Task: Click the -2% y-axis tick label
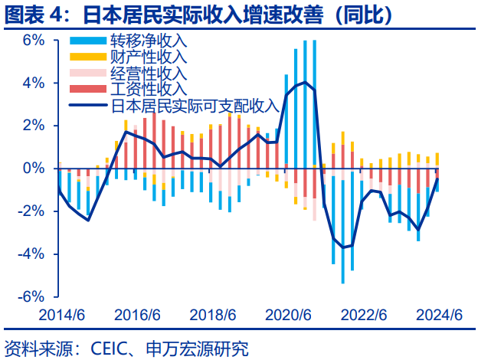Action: click(x=31, y=211)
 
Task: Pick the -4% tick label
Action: click(x=31, y=254)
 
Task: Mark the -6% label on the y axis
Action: click(x=31, y=296)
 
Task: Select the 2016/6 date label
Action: click(x=139, y=316)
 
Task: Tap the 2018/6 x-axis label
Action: click(x=213, y=316)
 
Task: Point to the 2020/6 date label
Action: click(x=288, y=316)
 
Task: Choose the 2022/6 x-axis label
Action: click(x=363, y=316)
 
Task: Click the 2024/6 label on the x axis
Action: click(x=438, y=316)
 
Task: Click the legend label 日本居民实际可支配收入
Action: click(x=195, y=106)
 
